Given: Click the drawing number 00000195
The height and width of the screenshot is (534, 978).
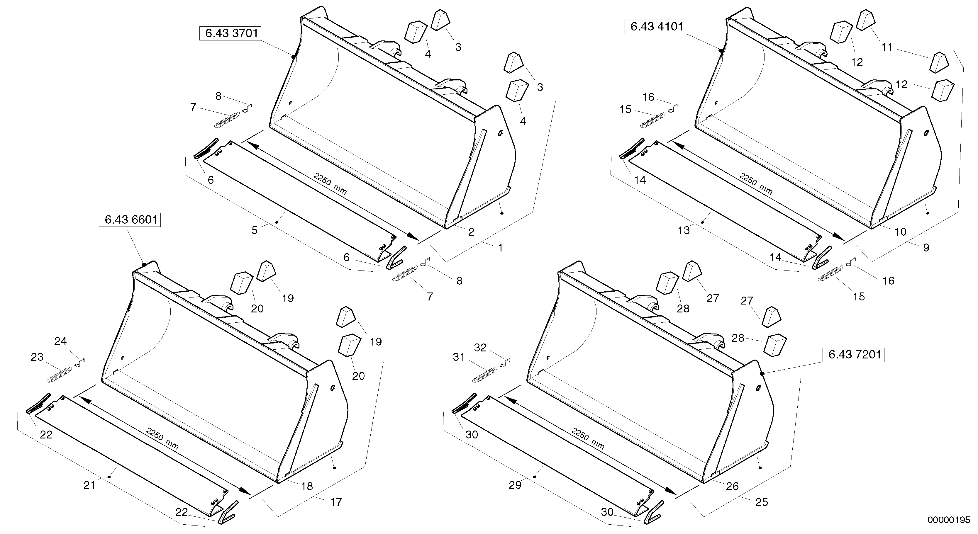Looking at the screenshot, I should (948, 520).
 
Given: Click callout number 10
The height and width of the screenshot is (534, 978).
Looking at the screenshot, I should (901, 232).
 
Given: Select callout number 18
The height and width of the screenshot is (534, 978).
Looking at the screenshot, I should (307, 486).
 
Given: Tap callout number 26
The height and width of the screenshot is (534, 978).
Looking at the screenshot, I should (732, 487).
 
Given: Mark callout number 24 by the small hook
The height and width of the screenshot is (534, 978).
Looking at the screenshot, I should (60, 341).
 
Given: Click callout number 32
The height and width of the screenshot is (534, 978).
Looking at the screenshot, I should (480, 348).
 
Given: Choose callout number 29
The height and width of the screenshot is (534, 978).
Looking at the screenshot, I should (515, 485).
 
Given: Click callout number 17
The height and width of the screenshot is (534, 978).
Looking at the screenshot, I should (336, 502).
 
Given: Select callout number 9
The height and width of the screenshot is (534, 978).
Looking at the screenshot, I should (926, 248).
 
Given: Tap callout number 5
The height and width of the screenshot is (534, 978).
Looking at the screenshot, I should (254, 230).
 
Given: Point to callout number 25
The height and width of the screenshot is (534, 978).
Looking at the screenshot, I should (762, 502).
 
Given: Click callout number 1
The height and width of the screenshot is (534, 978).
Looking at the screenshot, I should (500, 248).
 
